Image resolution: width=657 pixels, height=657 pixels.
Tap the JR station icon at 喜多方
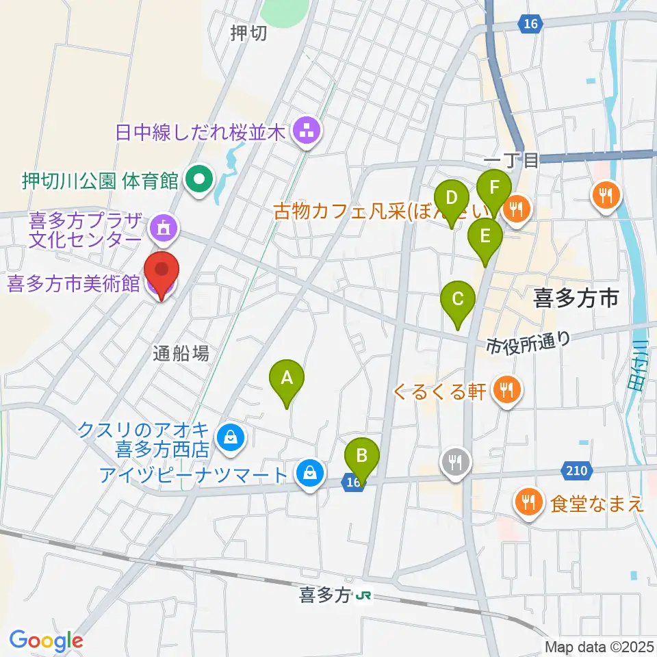tap(363, 597)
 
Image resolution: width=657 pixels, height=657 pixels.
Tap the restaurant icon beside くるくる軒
tap(506, 390)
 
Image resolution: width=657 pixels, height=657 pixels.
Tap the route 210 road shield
tap(574, 470)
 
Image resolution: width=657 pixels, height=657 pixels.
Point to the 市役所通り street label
tap(528, 340)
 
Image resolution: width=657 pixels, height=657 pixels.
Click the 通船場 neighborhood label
tap(181, 353)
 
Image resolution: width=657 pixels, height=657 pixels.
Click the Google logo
tap(46, 641)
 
